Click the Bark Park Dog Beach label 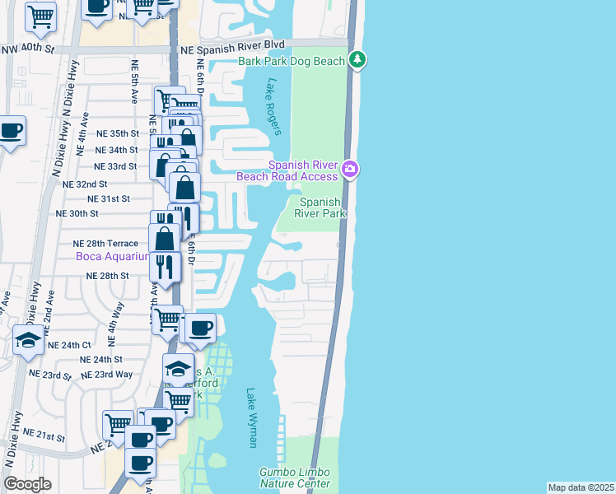(292, 61)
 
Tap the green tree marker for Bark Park (357, 59)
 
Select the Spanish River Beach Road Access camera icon (350, 170)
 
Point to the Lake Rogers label (275, 106)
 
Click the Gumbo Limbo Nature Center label (295, 478)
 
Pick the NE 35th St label (118, 133)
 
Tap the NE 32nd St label (85, 184)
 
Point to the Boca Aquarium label (113, 256)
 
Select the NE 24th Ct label (70, 345)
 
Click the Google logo (27, 483)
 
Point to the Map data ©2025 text (581, 487)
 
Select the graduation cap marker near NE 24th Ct (29, 340)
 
